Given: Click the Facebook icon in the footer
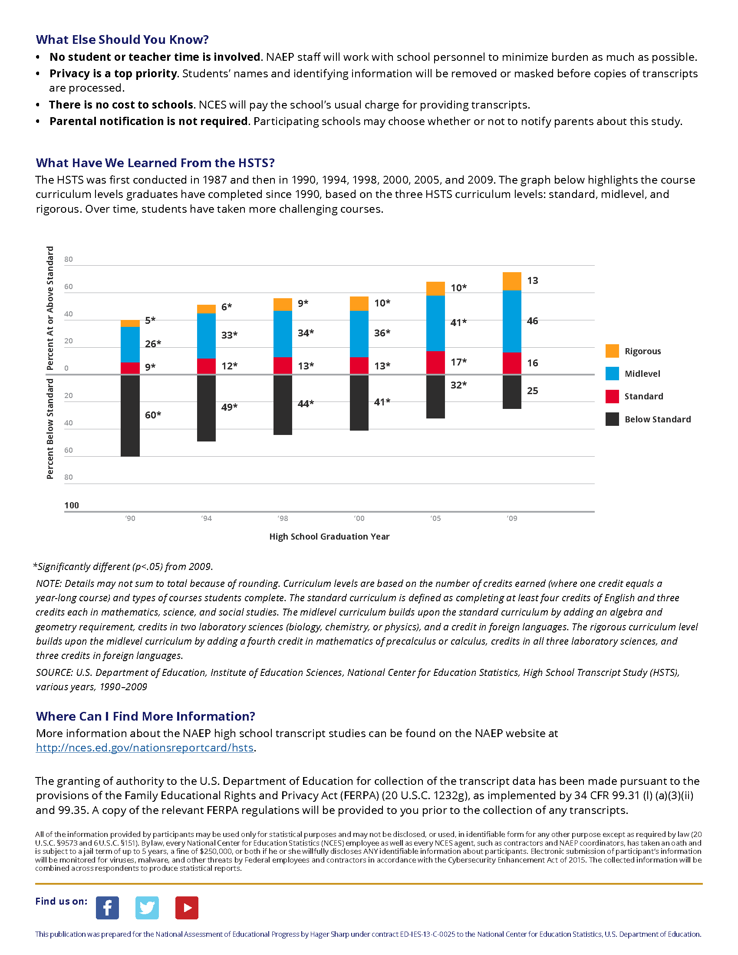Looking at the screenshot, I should (x=107, y=908).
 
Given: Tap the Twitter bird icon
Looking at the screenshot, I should (x=147, y=908).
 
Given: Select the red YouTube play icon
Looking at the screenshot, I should (x=187, y=908).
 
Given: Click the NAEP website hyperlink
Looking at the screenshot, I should (x=145, y=748).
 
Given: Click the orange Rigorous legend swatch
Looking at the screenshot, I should (x=612, y=351).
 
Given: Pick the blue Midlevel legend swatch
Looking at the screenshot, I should (x=612, y=373).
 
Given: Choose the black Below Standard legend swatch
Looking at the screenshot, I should (x=612, y=419).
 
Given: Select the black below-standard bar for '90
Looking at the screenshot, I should (x=130, y=415).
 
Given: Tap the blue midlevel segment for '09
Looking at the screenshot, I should (x=512, y=321).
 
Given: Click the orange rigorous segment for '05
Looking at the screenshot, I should (x=435, y=289).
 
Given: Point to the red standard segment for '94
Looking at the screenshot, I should (x=206, y=366).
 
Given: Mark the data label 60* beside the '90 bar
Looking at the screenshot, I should (x=153, y=415).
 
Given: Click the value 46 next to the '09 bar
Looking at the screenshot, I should (x=533, y=321).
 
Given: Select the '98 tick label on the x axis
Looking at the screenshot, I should (x=283, y=519).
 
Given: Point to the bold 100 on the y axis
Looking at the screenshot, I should (x=72, y=505).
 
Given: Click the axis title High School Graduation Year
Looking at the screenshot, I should (x=329, y=537).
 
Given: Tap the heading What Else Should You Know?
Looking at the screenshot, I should (x=122, y=40).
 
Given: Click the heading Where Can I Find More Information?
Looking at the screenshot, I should (x=145, y=716).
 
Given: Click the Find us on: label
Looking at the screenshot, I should (x=61, y=901).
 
